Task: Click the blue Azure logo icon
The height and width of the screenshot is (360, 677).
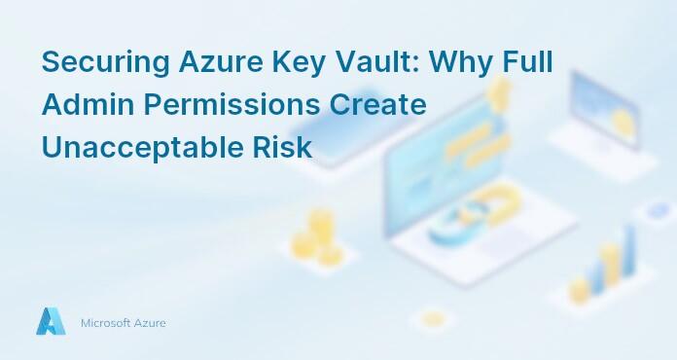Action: pyautogui.click(x=51, y=322)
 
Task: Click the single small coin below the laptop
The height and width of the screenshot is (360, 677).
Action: pyautogui.click(x=434, y=318)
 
